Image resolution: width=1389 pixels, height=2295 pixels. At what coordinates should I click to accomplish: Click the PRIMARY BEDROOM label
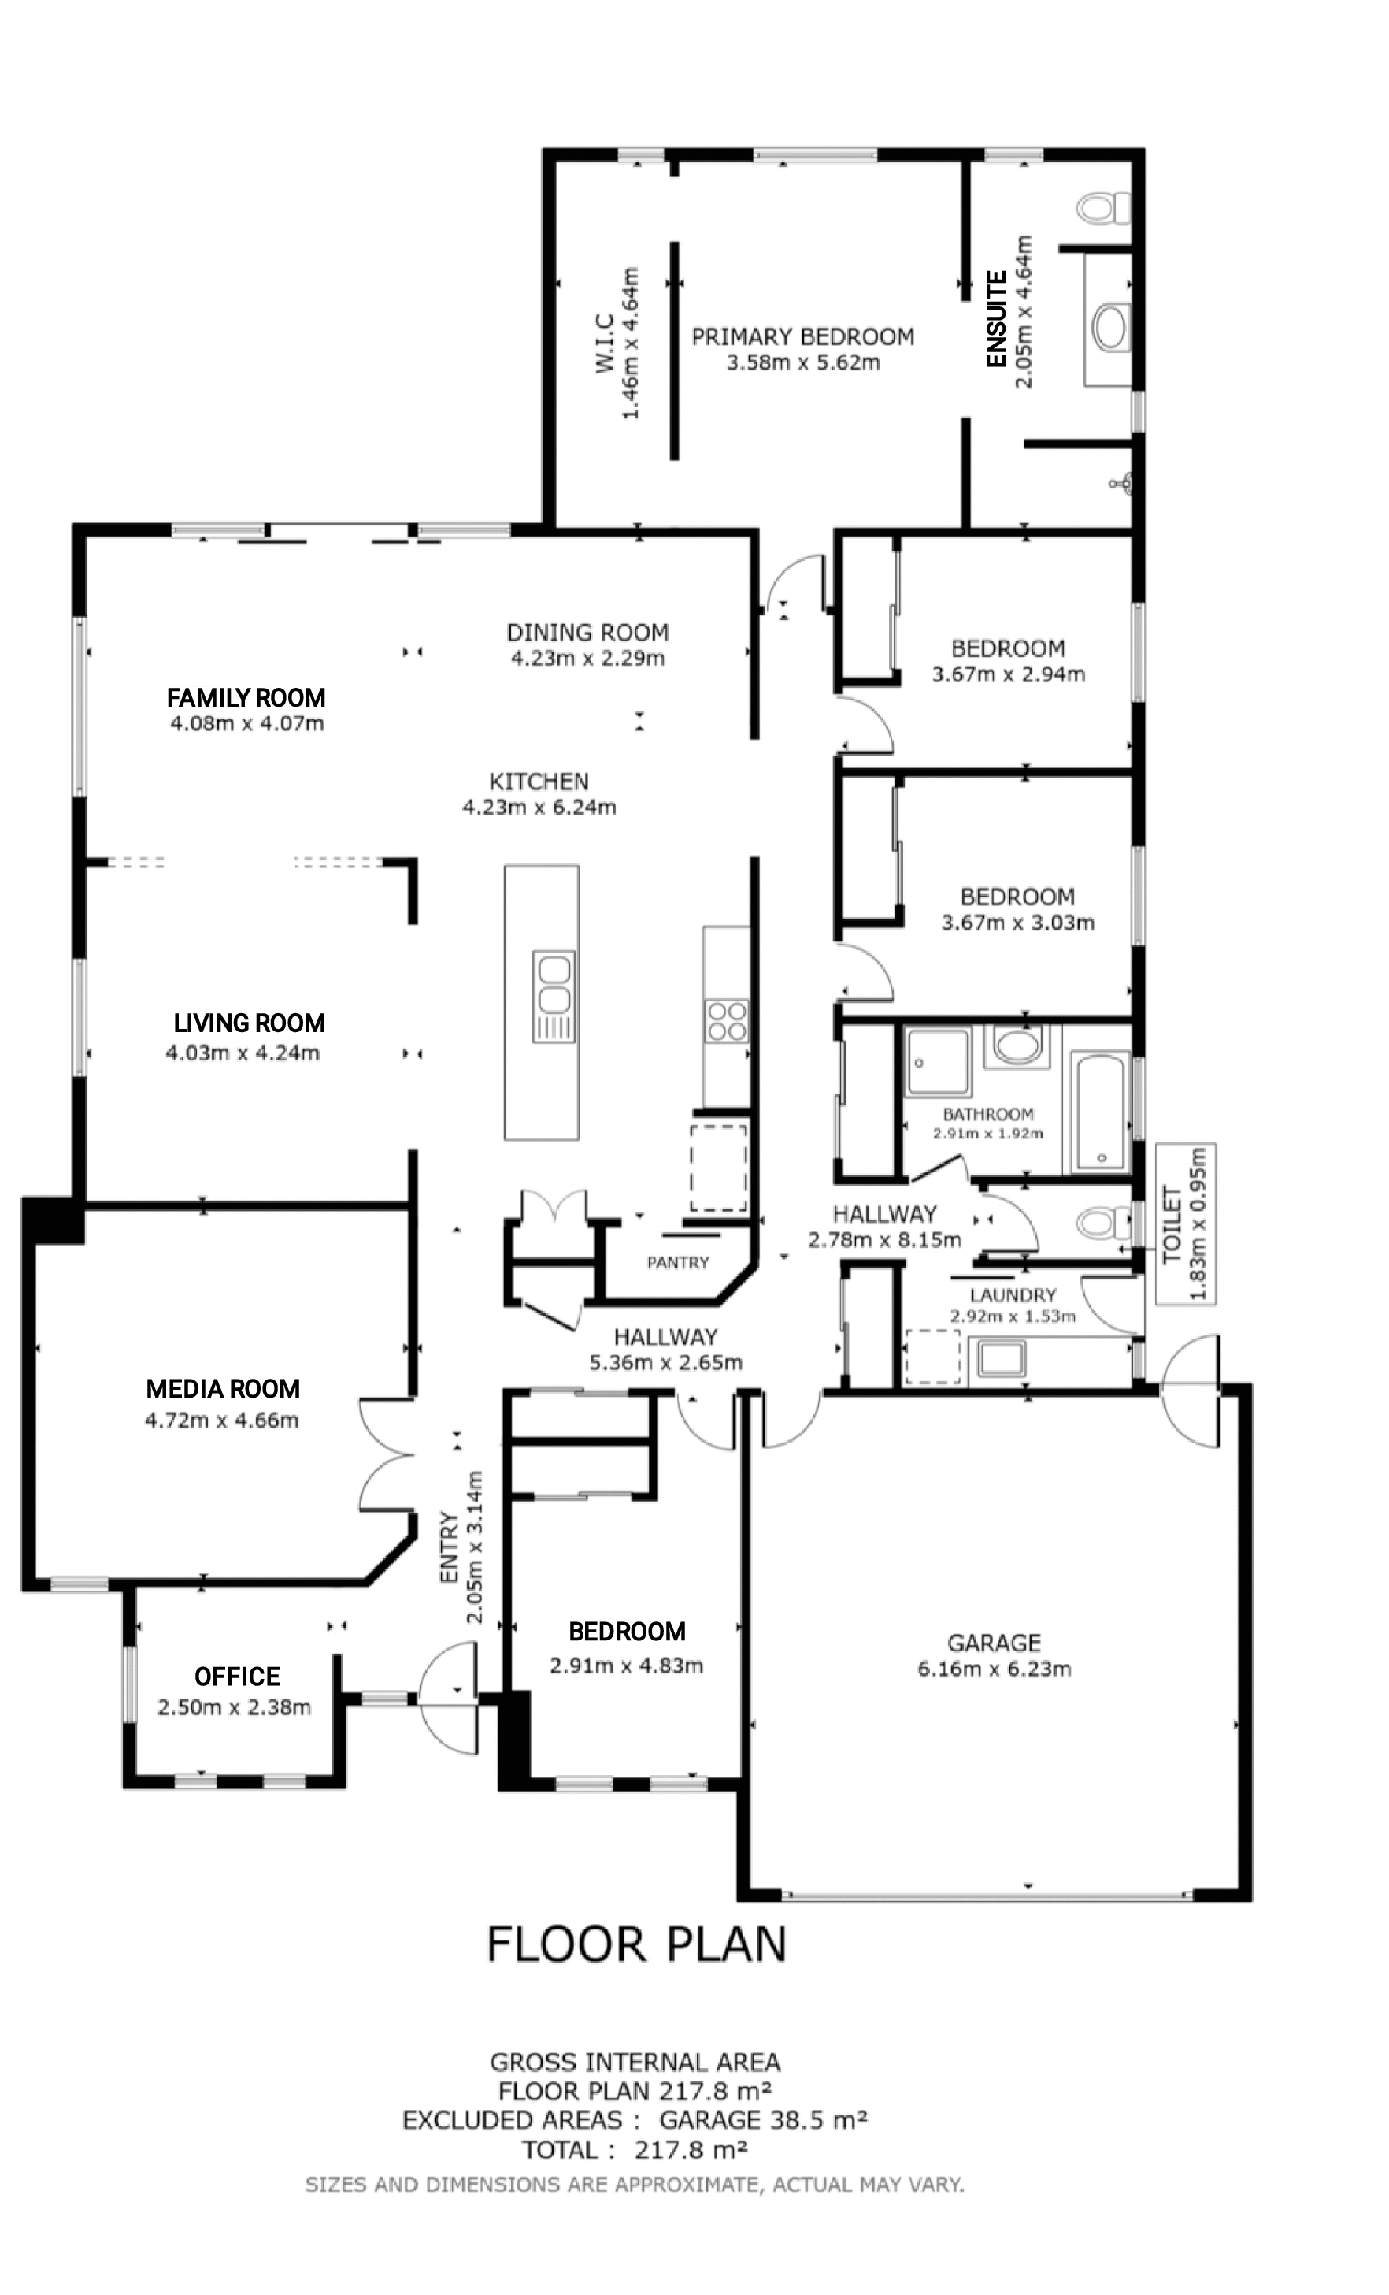802,336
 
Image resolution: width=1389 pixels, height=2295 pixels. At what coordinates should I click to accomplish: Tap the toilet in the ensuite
1102,208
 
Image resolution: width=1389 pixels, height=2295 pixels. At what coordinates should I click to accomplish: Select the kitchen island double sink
553,986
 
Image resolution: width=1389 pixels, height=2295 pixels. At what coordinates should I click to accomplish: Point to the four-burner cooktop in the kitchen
726,1020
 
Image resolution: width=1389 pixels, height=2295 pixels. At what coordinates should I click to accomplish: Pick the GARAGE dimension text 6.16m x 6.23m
995,1668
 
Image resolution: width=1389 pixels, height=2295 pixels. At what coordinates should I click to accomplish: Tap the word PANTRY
678,1263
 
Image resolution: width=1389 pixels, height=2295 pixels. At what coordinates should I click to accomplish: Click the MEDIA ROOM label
223,1389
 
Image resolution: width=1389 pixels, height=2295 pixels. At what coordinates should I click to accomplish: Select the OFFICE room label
236,1677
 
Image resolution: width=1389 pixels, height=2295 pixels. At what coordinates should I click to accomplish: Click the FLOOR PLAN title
637,1944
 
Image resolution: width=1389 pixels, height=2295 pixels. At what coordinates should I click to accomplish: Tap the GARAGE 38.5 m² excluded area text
763,2120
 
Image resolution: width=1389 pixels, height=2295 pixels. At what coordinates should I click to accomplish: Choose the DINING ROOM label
587,633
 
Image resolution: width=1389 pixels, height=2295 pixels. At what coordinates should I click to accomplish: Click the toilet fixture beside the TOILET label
1102,1221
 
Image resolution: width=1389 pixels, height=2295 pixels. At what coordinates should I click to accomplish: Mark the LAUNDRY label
1013,1294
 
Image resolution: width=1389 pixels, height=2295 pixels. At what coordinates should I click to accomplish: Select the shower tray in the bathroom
939,1062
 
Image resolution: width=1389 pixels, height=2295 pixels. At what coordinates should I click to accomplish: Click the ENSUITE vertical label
996,318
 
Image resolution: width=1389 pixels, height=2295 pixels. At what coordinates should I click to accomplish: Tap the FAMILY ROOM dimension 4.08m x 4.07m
246,724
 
